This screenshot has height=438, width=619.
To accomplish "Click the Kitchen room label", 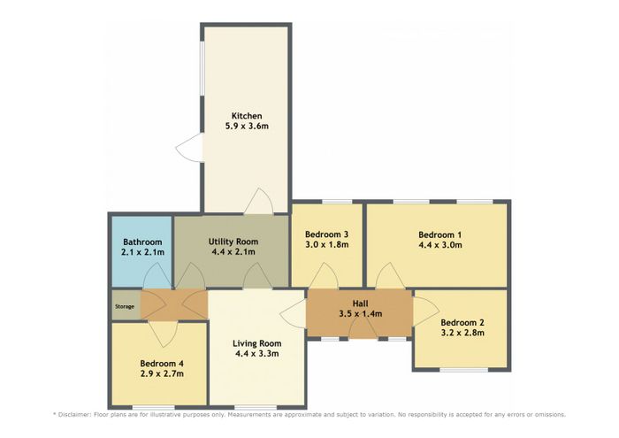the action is point(247,116).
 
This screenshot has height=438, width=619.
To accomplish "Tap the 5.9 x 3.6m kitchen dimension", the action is point(247,127).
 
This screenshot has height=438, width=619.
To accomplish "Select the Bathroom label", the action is point(142,242).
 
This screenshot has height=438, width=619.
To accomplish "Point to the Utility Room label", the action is point(233,242).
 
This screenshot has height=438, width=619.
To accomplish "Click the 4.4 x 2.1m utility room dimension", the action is point(233,252).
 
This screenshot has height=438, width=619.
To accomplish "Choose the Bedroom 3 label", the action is point(327,234).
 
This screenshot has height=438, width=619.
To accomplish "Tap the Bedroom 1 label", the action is point(439,235).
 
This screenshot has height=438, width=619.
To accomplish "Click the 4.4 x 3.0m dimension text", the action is point(439,245).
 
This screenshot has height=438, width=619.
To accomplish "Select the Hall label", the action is point(361,304).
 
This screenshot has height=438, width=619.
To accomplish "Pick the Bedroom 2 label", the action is point(462,323).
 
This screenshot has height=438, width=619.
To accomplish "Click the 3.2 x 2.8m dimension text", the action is point(462,333).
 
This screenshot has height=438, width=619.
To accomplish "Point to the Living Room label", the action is point(257,343).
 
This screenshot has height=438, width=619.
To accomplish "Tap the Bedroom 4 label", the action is point(162,364).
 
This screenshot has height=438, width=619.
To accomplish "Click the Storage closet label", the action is point(125,306).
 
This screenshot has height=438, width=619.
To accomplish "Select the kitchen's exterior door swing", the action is point(188,147).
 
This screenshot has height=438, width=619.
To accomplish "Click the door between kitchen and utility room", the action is point(259,202).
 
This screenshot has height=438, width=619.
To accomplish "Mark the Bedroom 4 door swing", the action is point(163,334).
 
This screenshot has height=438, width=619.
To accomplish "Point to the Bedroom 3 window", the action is point(337,202).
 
